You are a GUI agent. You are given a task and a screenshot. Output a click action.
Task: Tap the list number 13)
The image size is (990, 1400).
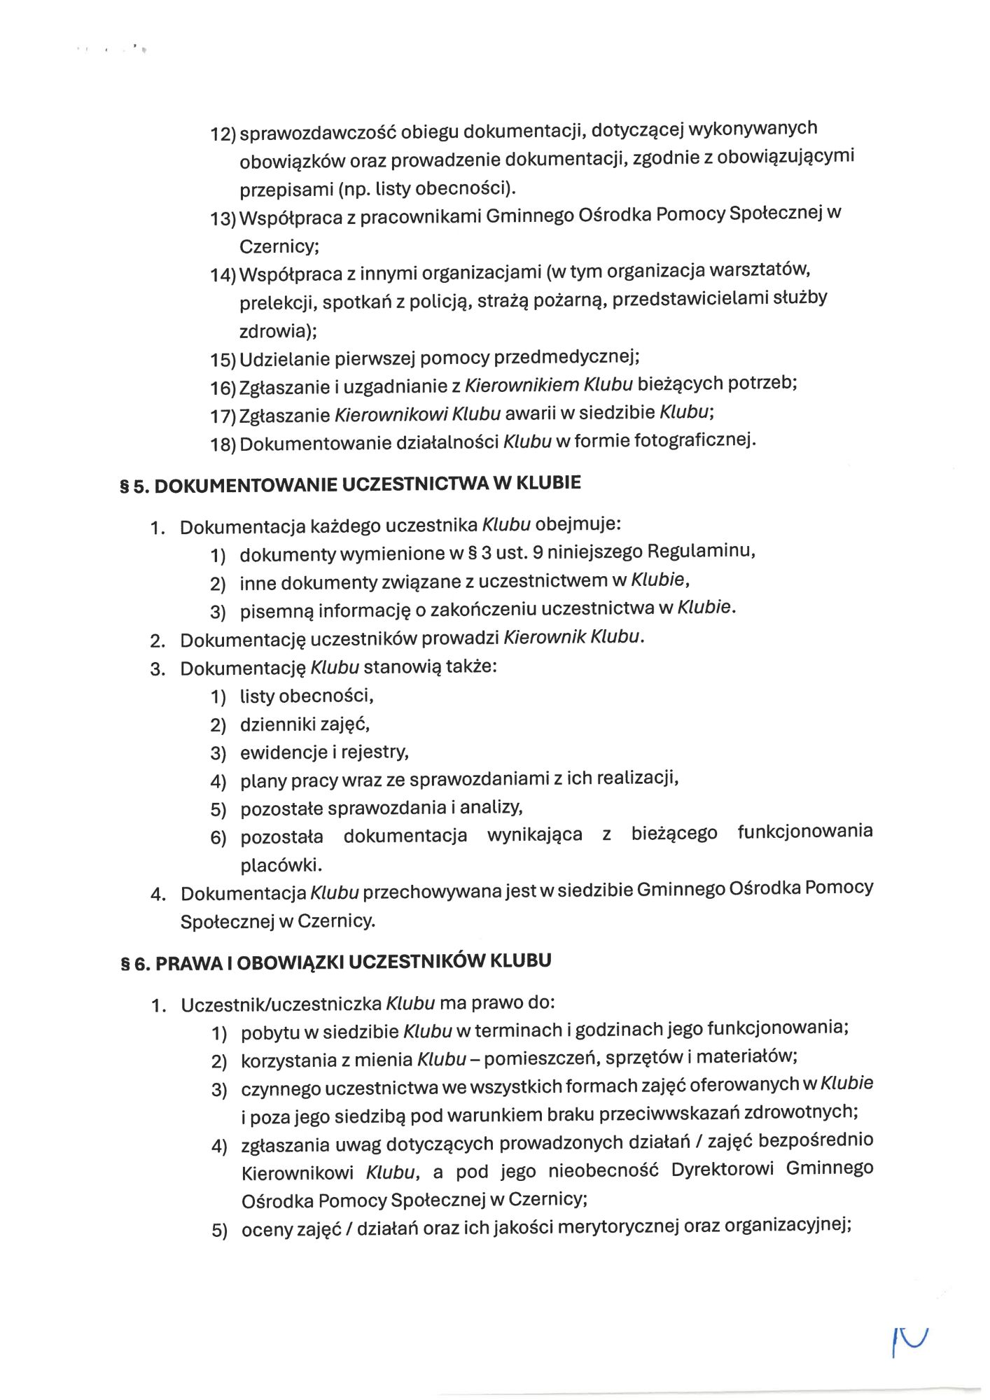(223, 219)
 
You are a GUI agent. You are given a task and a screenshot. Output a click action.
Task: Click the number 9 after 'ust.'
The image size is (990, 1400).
(538, 552)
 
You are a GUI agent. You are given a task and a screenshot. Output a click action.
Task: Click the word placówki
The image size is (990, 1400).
(281, 865)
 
